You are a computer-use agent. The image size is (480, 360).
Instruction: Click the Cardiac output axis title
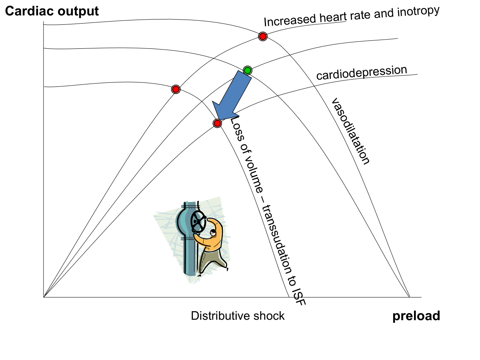point(52,11)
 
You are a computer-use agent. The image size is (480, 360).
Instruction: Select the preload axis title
point(416,316)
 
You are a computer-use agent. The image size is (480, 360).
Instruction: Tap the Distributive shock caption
point(238,316)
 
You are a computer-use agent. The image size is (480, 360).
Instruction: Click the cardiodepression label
point(362,73)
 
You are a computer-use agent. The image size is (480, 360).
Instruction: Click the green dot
point(247,71)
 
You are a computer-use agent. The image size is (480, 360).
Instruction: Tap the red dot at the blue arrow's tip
point(217,123)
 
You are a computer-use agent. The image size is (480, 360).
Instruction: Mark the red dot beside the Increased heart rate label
point(262,36)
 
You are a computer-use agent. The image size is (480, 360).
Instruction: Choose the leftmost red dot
point(176,89)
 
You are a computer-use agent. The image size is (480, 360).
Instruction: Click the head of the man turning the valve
point(213,232)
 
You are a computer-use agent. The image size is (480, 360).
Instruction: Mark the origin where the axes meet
point(43,297)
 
